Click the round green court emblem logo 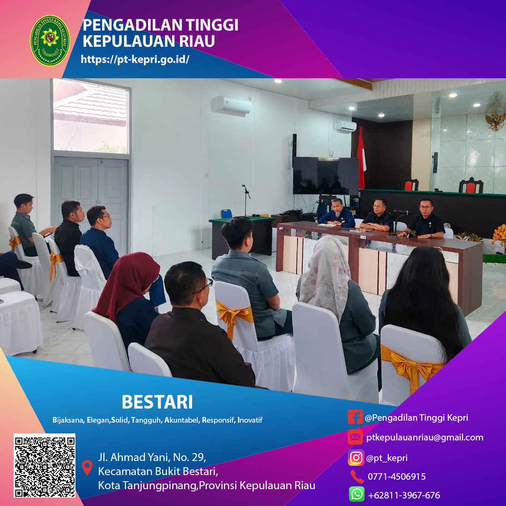50,40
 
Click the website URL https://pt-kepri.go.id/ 135,59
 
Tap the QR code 45,465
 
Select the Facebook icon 355,417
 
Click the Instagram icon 356,458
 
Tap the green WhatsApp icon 357,494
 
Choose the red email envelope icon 355,437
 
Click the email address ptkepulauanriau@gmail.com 424,438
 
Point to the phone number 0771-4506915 397,476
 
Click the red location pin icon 87,467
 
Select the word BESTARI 157,402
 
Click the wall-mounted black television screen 326,176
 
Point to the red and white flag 361,158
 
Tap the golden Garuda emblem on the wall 495,112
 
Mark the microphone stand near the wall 246,200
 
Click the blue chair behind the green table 226,214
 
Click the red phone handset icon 357,476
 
